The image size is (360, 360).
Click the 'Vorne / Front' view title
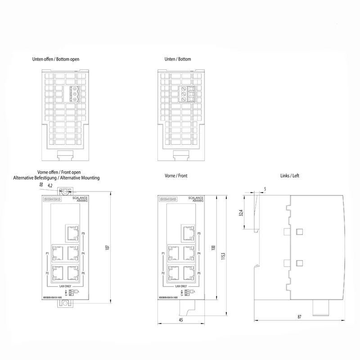tap(176, 176)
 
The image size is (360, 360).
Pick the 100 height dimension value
tap(214, 248)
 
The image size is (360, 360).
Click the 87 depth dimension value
tap(299, 317)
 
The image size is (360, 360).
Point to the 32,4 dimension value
tap(241, 212)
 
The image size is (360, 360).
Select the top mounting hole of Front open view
tap(65, 192)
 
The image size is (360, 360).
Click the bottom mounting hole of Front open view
tap(65, 304)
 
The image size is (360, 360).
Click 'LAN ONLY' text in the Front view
tap(180, 286)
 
